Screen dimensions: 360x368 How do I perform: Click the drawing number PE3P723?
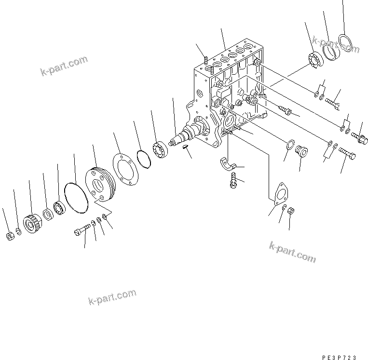(x=340, y=357)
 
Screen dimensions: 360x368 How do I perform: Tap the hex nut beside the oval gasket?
(x=291, y=211)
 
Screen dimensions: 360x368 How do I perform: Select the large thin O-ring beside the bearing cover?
(x=75, y=197)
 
